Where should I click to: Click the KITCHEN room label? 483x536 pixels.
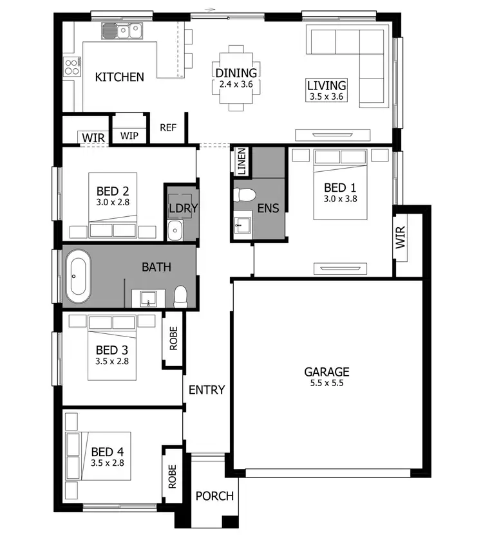(120, 77)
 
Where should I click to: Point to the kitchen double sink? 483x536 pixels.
(128, 30)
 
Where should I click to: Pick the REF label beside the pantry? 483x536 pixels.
(168, 127)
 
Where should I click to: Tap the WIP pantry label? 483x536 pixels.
(129, 136)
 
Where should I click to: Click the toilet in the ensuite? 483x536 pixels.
(245, 194)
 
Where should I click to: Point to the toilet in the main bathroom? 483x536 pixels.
(180, 296)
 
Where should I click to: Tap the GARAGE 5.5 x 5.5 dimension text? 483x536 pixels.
(327, 384)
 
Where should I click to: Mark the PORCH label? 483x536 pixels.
(215, 496)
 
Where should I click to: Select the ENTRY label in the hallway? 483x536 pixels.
(207, 390)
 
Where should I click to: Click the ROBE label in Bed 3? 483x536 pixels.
(173, 337)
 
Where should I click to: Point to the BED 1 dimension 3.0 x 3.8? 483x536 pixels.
(340, 198)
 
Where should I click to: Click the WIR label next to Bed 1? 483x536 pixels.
(401, 237)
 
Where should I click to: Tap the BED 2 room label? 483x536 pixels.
(113, 191)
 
